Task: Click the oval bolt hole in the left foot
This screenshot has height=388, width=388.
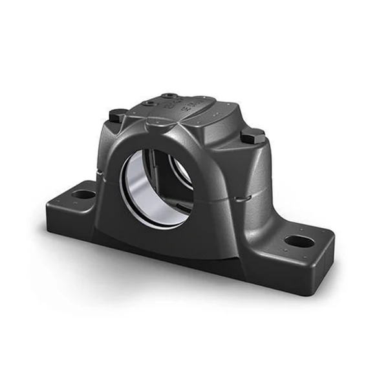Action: coord(83,193)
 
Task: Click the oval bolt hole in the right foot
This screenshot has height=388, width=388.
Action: coord(299,241)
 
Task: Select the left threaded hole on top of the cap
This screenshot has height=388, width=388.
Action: coord(150,102)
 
